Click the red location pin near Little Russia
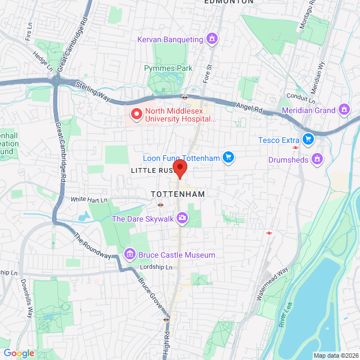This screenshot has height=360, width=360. pyautogui.click(x=179, y=168)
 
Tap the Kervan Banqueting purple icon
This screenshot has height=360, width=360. pyautogui.click(x=211, y=39)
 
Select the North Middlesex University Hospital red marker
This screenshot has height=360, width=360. pyautogui.click(x=136, y=115)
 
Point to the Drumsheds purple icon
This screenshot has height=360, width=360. pyautogui.click(x=318, y=159)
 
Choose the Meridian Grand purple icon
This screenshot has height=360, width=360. pyautogui.click(x=344, y=110)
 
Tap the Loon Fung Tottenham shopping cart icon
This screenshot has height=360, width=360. pyautogui.click(x=228, y=158)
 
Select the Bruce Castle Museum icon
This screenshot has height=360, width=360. pyautogui.click(x=130, y=255)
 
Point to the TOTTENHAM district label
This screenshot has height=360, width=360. pyautogui.click(x=178, y=193)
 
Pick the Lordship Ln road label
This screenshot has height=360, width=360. pyautogui.click(x=155, y=267)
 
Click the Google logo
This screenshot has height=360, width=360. pyautogui.click(x=19, y=353)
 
